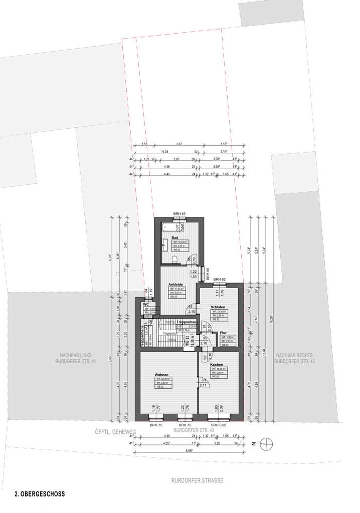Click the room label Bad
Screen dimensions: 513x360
coord(175,237)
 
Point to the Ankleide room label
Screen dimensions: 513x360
coord(175,284)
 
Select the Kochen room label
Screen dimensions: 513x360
coord(216,364)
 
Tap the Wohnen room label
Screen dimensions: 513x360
coord(161,374)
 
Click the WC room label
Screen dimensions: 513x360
coord(146,304)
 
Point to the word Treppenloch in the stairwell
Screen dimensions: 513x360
coord(170,333)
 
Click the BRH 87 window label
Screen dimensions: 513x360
coord(179,214)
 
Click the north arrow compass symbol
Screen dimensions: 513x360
coord(269,443)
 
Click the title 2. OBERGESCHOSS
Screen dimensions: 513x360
coord(40,493)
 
